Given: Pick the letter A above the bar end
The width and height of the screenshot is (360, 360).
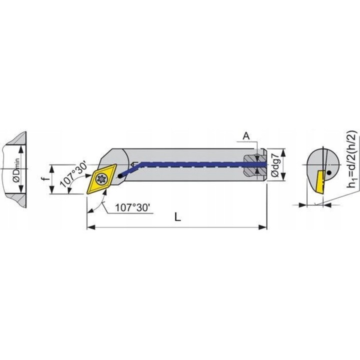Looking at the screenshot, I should pyautogui.click(x=246, y=136).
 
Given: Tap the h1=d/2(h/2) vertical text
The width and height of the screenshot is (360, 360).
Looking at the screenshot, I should pyautogui.click(x=352, y=160).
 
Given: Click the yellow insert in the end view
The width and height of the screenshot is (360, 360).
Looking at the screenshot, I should pyautogui.click(x=317, y=185).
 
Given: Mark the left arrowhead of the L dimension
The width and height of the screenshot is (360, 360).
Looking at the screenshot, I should pyautogui.click(x=90, y=228).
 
